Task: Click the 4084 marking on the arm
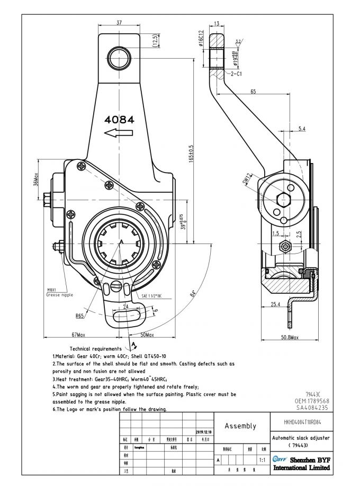coord(120,120)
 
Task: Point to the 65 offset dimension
coord(268,92)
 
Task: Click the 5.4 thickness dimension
coord(302,129)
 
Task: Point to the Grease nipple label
coord(59,294)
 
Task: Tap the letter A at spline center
coord(121,241)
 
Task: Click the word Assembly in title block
coord(240,426)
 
